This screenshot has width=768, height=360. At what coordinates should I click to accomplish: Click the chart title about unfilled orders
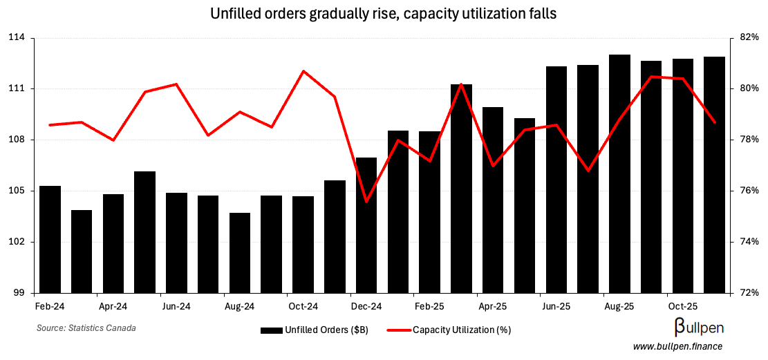tap(384, 13)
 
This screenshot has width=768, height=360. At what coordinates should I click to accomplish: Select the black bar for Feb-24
tap(50, 239)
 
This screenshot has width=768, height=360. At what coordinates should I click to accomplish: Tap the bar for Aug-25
tap(619, 173)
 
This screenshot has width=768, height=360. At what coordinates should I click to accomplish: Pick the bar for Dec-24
tap(366, 225)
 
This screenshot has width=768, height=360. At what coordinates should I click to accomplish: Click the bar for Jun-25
tap(556, 180)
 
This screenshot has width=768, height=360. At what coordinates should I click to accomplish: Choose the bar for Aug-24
tap(240, 252)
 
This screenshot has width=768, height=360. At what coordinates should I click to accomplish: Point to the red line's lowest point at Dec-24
tap(366, 202)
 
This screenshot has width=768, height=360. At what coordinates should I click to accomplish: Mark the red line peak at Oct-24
tap(303, 71)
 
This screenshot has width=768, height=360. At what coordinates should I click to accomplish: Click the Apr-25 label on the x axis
tap(493, 305)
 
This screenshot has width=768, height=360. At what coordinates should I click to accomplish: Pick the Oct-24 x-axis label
tap(303, 305)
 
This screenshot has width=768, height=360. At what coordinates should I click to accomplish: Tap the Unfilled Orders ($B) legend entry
tap(315, 330)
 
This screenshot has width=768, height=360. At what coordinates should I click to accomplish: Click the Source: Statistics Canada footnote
tap(86, 328)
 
